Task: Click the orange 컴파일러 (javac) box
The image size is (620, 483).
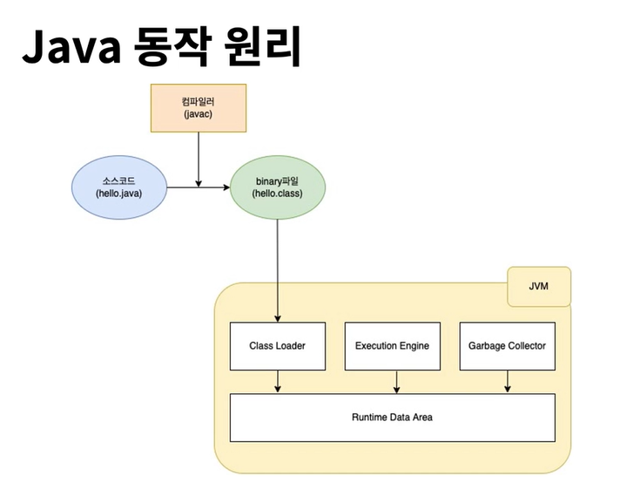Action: pyautogui.click(x=199, y=107)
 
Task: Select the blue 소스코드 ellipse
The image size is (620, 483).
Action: pyautogui.click(x=119, y=187)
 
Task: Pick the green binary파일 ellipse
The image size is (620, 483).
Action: pyautogui.click(x=278, y=187)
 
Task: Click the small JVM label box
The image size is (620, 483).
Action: pyautogui.click(x=538, y=286)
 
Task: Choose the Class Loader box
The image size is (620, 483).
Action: pyautogui.click(x=277, y=345)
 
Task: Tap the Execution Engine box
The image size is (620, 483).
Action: pyautogui.click(x=392, y=345)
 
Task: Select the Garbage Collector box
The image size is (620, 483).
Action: pyautogui.click(x=507, y=345)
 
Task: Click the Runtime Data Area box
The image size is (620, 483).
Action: pyautogui.click(x=392, y=417)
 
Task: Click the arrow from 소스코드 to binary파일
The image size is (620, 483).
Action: pyautogui.click(x=198, y=187)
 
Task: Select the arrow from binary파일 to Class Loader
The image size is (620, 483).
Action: pyautogui.click(x=278, y=270)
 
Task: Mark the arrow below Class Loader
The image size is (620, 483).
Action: pyautogui.click(x=278, y=381)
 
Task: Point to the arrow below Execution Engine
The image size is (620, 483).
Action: pyautogui.click(x=397, y=381)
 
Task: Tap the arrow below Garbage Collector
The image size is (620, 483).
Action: pyautogui.click(x=507, y=381)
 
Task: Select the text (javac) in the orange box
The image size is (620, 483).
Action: pyautogui.click(x=199, y=114)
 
